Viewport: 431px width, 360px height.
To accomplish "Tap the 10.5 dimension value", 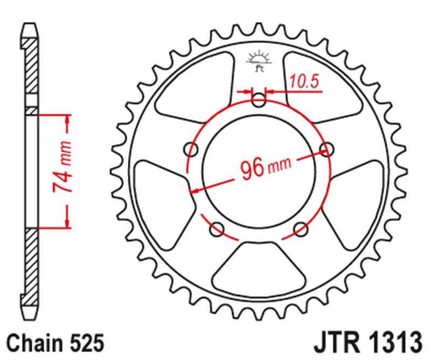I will coord(304,81).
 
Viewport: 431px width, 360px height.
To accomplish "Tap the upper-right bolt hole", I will coord(325,148).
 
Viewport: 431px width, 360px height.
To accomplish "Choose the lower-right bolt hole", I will coord(301,230).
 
